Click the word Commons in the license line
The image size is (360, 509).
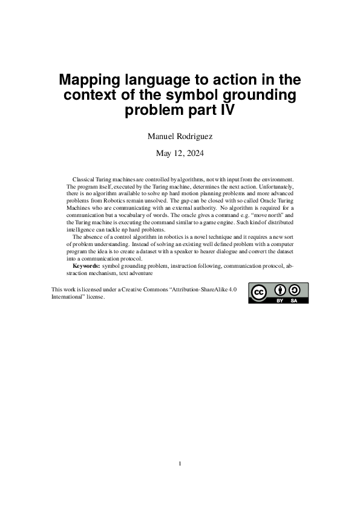pos(158,290)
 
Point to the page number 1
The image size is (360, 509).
pos(180,464)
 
